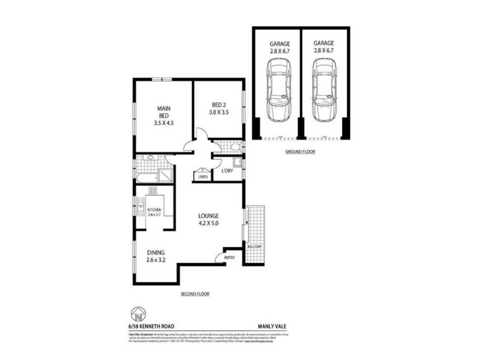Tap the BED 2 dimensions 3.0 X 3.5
pyautogui.click(x=218, y=112)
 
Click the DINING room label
pyautogui.click(x=155, y=253)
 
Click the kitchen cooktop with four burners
pyautogui.click(x=152, y=191)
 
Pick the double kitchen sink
pyautogui.click(x=139, y=207)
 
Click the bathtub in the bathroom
pyautogui.click(x=145, y=177)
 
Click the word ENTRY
pyautogui.click(x=230, y=257)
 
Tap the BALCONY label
pyautogui.click(x=255, y=247)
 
